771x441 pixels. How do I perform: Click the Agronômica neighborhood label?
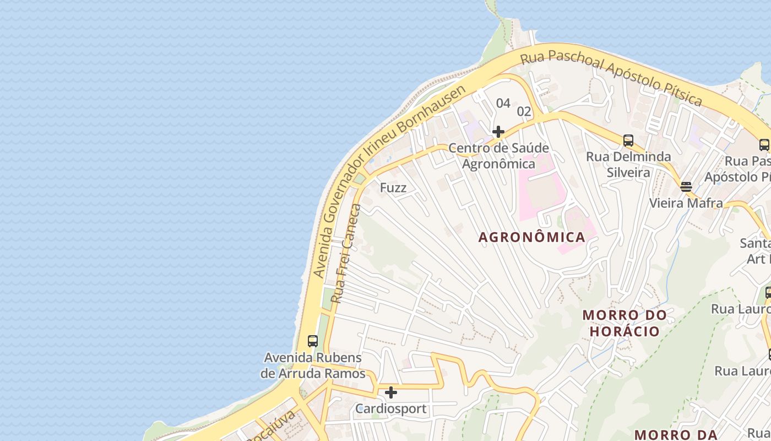531,237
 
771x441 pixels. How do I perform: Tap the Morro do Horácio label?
625,323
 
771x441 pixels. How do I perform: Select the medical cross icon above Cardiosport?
391,392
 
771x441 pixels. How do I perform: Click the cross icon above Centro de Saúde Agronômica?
498,132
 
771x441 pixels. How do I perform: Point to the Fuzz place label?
393,188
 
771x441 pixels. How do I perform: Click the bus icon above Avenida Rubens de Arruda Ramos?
313,341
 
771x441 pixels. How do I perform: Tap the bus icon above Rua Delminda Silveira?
628,140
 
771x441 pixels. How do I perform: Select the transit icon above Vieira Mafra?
686,186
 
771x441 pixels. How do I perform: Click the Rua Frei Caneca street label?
346,254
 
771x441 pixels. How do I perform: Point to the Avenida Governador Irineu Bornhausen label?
388,182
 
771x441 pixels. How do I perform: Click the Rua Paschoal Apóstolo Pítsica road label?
611,76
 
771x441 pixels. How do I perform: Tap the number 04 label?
503,103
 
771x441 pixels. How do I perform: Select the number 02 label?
524,111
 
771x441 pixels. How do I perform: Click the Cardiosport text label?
391,409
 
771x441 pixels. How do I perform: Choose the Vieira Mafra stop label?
686,203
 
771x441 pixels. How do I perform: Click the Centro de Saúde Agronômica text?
498,156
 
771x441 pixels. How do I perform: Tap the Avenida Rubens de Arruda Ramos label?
313,365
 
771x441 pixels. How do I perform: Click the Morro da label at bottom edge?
674,434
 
